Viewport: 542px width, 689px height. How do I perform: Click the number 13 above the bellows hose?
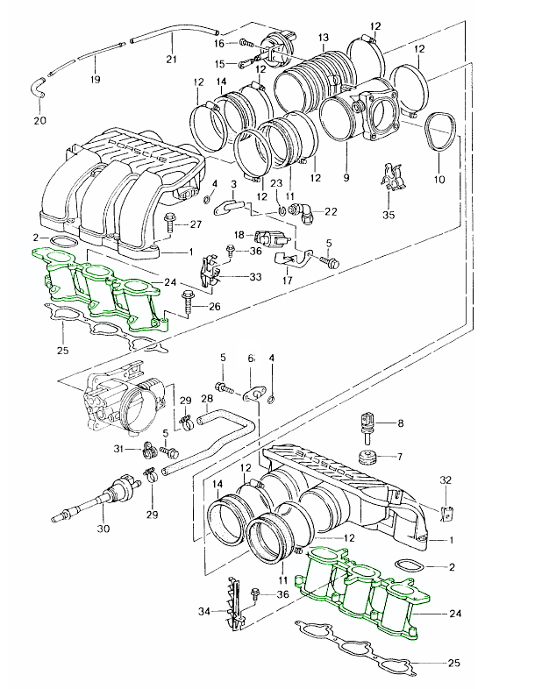click(x=324, y=37)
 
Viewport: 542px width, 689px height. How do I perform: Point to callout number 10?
click(x=439, y=179)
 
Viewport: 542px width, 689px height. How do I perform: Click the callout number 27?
click(x=196, y=225)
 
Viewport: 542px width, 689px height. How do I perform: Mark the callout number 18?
click(x=238, y=235)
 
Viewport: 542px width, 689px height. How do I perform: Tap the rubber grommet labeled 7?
click(x=367, y=456)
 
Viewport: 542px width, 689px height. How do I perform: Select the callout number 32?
click(x=446, y=479)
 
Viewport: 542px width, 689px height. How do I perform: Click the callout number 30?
click(x=103, y=529)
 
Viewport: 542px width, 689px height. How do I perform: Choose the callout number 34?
click(x=206, y=610)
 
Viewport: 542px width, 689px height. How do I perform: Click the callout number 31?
click(x=119, y=450)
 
